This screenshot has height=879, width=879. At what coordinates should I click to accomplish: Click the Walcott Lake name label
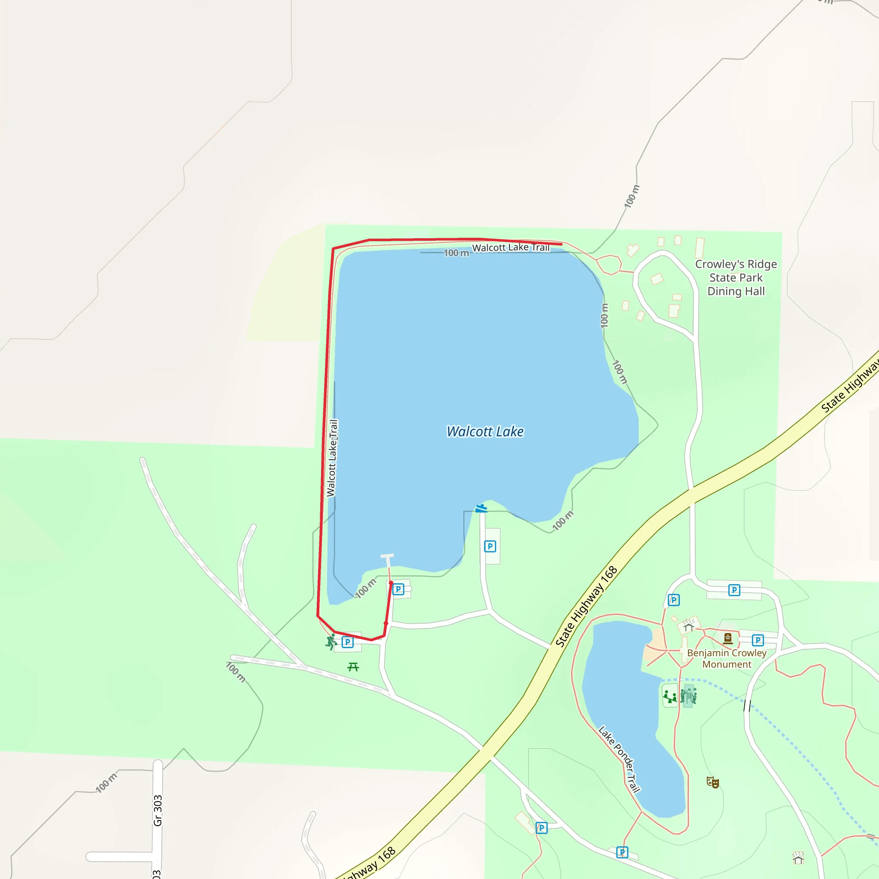[485, 431]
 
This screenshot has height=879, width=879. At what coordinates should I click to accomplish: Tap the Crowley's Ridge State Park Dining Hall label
[736, 278]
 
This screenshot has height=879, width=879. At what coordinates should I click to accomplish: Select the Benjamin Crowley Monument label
[727, 658]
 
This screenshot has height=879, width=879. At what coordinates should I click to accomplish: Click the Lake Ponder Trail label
[619, 759]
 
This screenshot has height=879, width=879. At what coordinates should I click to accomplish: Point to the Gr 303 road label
[158, 810]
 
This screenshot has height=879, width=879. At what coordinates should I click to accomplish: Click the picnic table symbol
[353, 667]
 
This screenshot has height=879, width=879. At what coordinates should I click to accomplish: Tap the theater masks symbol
[712, 782]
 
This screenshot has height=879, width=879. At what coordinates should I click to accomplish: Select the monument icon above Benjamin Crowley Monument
[728, 639]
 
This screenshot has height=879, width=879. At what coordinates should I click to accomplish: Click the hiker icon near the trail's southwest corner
[331, 642]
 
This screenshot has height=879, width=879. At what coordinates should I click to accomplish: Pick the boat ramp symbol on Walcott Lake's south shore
[482, 508]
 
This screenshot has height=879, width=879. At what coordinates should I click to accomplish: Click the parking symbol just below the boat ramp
[490, 546]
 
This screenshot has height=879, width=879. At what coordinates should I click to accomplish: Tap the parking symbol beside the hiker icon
[348, 642]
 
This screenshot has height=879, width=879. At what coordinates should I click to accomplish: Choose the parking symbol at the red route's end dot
[398, 589]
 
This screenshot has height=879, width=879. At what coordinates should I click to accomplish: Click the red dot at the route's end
[391, 583]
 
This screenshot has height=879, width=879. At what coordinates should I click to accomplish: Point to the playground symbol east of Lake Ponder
[670, 696]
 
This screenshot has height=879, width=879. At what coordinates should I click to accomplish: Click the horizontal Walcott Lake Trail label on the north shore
[510, 248]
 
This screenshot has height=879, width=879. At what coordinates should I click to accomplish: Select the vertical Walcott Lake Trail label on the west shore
[333, 458]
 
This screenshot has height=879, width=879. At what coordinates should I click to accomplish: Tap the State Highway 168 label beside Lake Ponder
[586, 606]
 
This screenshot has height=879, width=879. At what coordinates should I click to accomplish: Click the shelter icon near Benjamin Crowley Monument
[688, 627]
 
